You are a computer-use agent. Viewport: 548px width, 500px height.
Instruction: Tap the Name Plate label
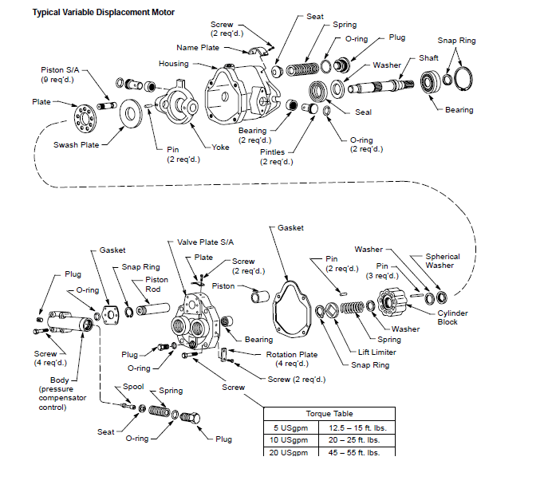point(198,48)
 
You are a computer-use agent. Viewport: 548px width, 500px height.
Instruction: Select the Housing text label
point(174,64)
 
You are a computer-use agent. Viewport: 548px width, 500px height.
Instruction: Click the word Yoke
point(221,148)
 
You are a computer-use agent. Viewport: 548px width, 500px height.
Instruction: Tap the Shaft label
point(428,58)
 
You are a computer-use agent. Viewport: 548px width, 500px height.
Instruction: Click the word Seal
point(363,112)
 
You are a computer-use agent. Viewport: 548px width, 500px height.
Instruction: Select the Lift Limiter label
point(377,352)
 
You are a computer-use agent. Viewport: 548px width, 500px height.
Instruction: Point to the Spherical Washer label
point(443,261)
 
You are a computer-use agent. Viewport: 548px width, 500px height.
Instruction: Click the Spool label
point(132,387)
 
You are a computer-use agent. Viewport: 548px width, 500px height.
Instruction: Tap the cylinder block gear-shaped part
point(394,303)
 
